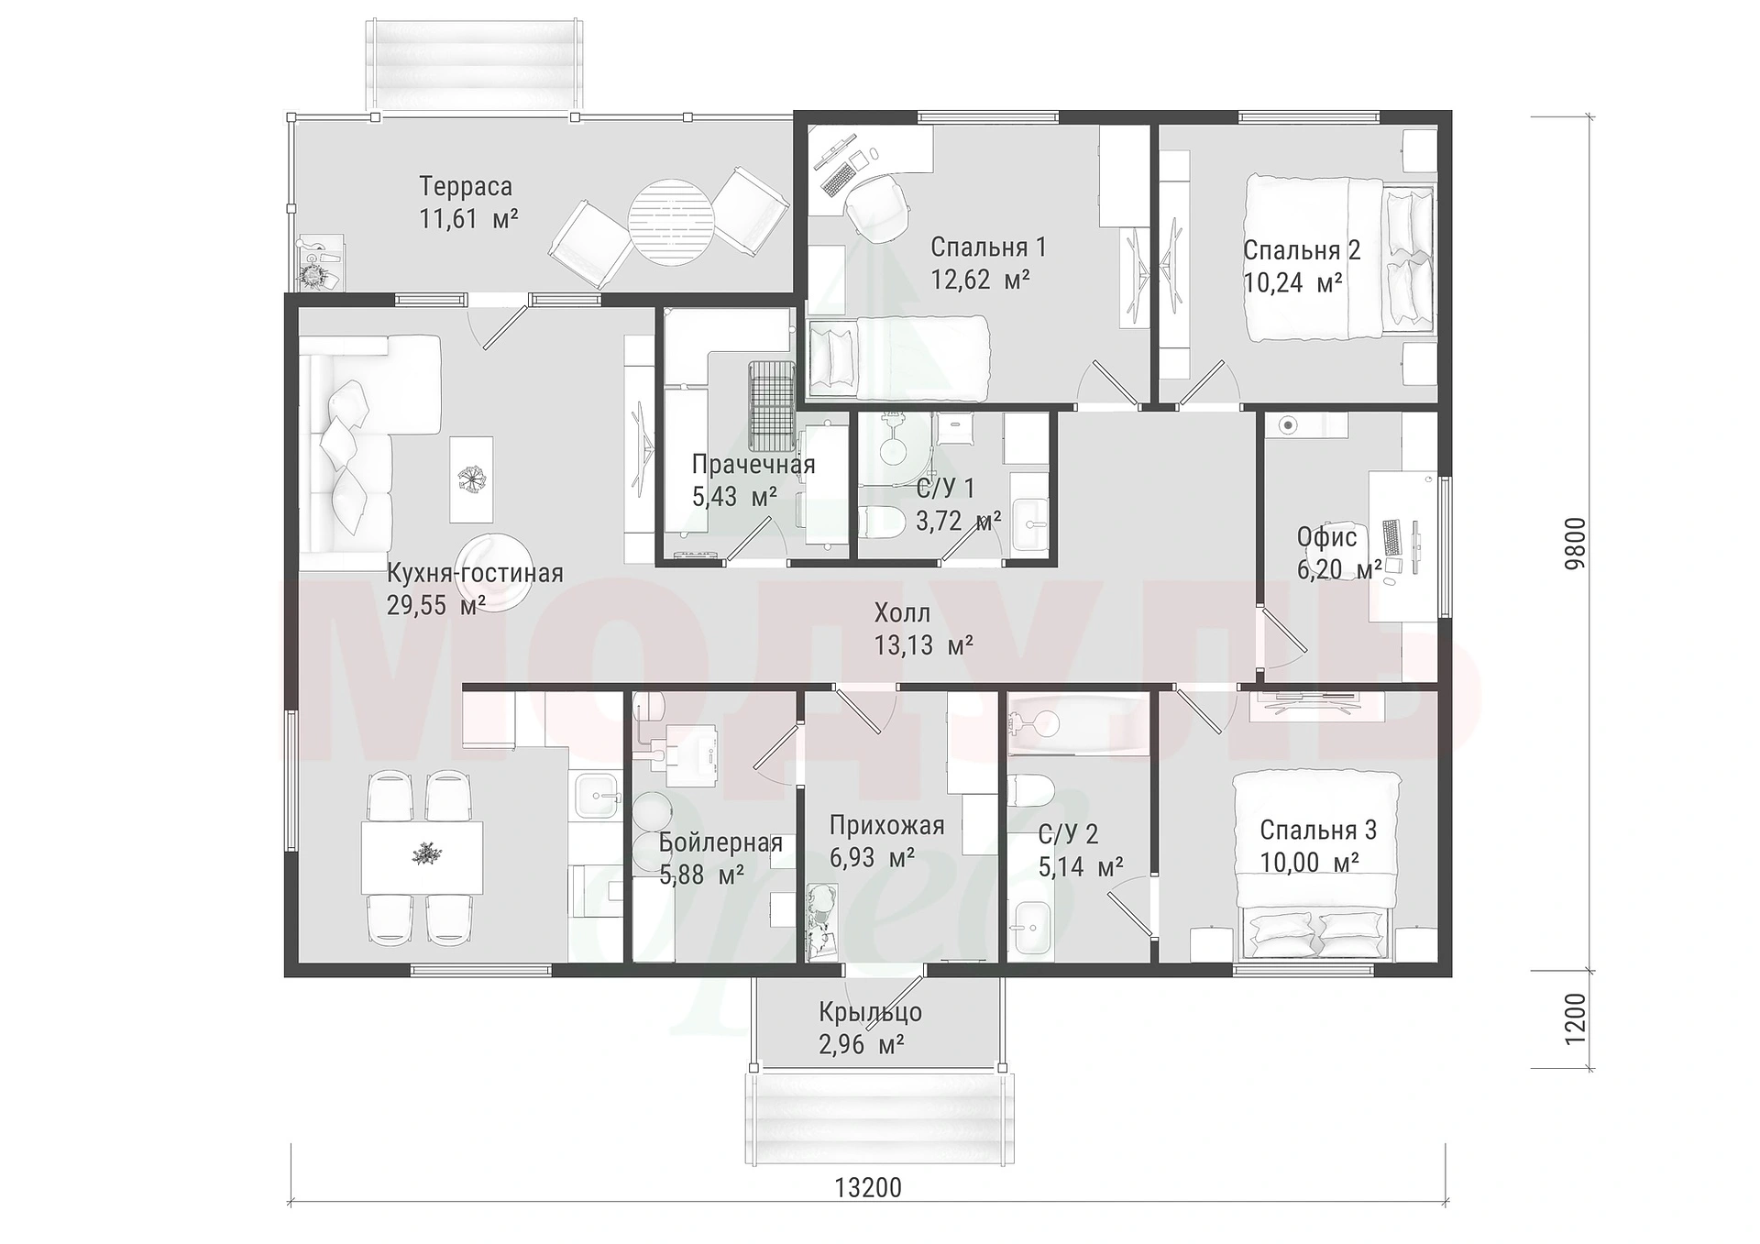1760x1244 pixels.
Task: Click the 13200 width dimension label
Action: pos(868,1187)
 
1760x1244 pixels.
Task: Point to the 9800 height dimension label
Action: pos(1574,545)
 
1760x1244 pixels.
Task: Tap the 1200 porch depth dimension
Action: pos(1574,1019)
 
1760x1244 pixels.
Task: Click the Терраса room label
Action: pos(466,186)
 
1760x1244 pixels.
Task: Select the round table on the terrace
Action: pos(671,221)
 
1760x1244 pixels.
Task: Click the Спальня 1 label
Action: pos(988,247)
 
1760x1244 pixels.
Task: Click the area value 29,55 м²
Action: pos(435,605)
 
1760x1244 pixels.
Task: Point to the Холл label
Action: pos(902,612)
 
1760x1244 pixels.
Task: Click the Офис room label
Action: pos(1326,537)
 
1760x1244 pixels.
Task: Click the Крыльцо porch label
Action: pos(870,1012)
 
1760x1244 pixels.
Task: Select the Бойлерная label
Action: pos(720,842)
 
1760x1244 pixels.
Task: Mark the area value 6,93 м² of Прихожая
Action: pos(872,858)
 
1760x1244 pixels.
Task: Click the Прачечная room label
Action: pos(753,464)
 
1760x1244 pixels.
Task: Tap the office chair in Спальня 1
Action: pos(874,204)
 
